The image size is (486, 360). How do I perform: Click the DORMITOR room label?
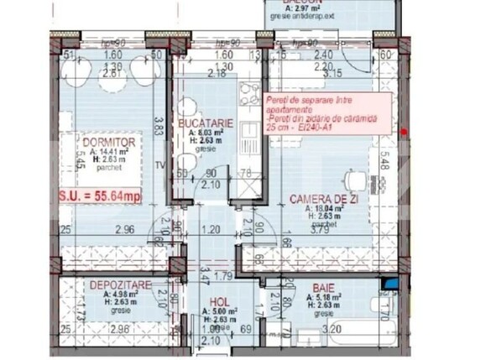click(x=102, y=143)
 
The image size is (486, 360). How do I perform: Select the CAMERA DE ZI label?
click(x=318, y=198)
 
